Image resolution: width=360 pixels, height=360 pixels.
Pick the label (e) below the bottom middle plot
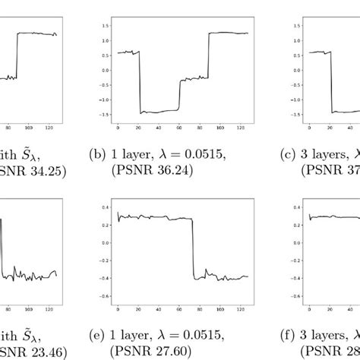pos(96,335)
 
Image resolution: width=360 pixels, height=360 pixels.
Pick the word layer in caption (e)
pos(135,335)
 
